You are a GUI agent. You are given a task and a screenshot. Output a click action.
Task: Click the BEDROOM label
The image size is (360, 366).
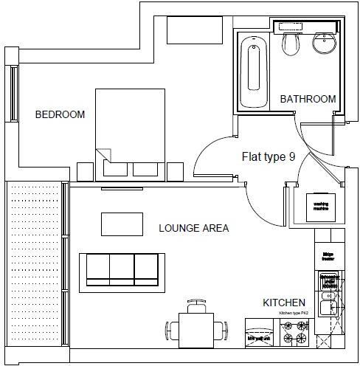click(60, 114)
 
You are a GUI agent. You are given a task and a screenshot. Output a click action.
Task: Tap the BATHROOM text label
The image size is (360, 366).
click(308, 99)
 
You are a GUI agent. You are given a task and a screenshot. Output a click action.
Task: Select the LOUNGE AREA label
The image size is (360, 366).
click(194, 228)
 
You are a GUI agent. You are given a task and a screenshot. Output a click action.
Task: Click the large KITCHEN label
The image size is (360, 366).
click(284, 303)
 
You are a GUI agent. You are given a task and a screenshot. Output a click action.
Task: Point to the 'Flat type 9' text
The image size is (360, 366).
click(269, 156)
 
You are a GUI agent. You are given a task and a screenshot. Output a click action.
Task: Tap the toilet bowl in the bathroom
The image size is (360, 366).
click(290, 44)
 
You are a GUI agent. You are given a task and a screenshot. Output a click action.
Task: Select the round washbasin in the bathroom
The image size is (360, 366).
click(324, 44)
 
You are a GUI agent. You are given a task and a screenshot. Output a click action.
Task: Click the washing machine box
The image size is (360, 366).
click(321, 207)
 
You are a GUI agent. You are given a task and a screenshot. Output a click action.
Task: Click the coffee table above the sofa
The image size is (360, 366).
click(122, 223)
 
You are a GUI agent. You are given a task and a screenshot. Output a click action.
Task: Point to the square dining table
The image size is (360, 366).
click(197, 327)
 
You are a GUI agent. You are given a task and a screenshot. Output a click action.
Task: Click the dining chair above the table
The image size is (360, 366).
click(197, 303)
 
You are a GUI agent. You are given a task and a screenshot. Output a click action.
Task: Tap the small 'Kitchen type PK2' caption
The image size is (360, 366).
click(293, 314)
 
